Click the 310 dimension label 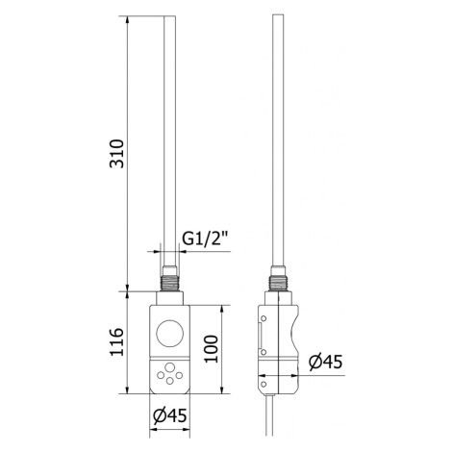(116, 154)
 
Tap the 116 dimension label (116, 341)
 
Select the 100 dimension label (212, 349)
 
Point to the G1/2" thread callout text (205, 239)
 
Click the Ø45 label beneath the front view (169, 415)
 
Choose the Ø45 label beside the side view (325, 362)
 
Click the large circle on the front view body (170, 333)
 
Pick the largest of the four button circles (169, 367)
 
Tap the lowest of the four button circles (170, 381)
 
